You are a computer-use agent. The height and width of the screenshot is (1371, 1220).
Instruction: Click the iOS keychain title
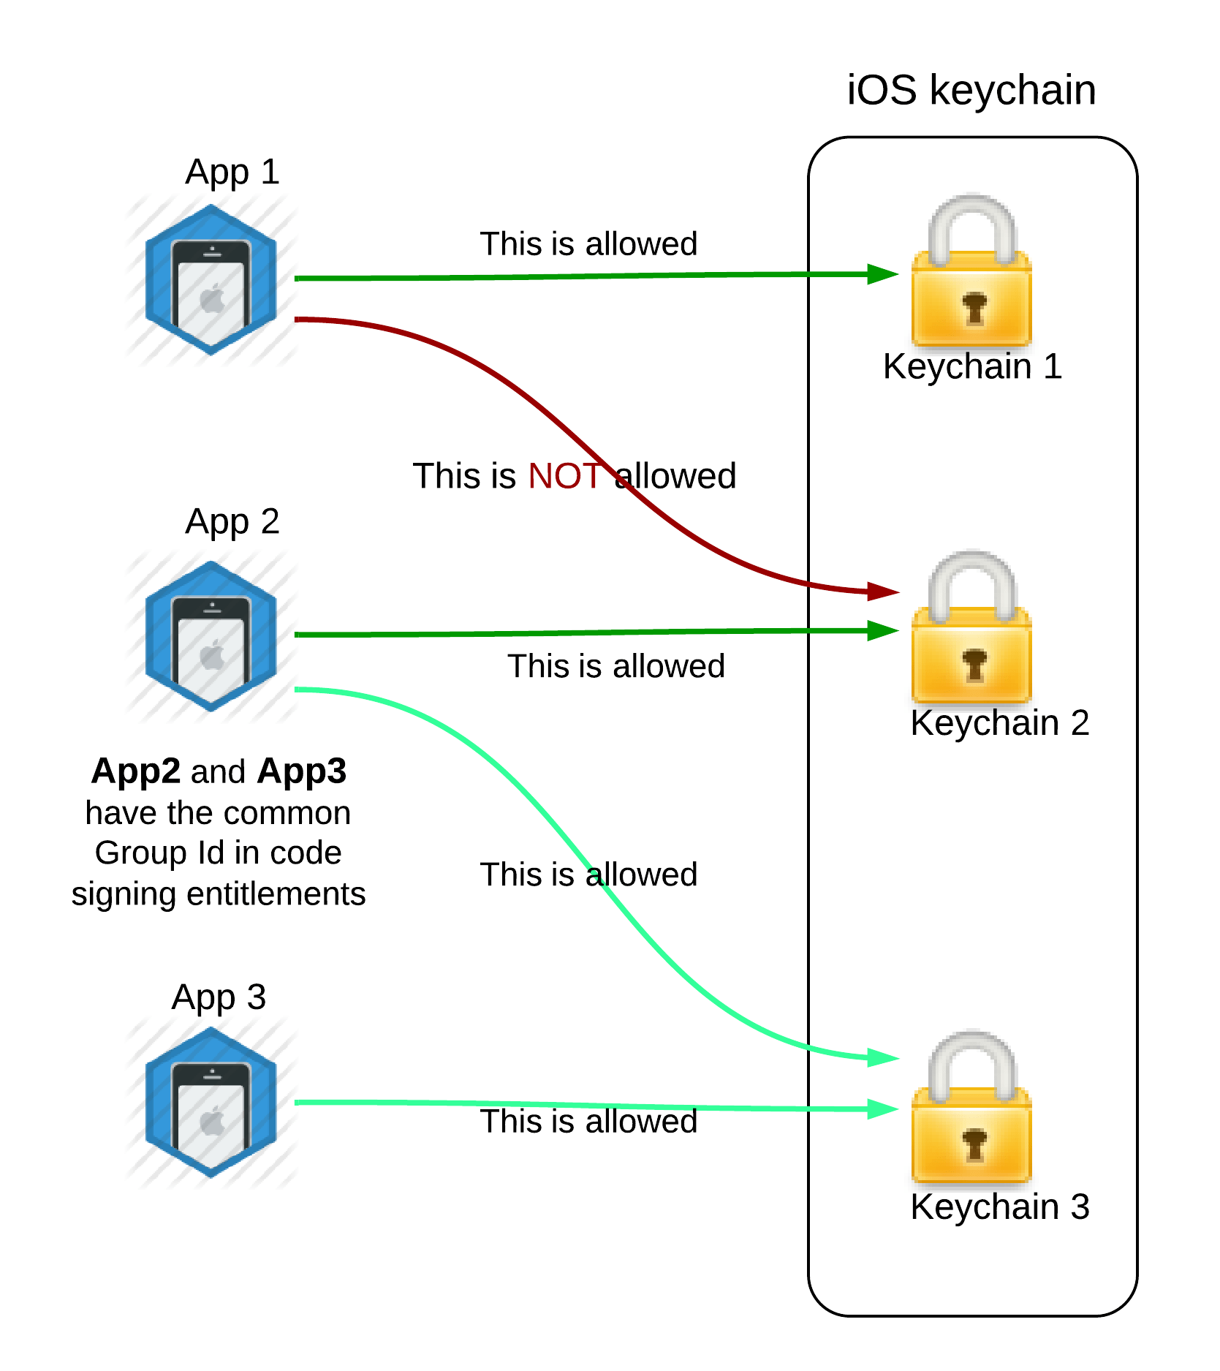tap(971, 90)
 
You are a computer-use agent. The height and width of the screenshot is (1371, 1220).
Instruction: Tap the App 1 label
tap(232, 173)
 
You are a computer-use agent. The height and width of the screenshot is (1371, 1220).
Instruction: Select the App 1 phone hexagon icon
tap(211, 280)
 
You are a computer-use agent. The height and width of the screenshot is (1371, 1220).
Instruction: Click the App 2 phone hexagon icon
tap(211, 636)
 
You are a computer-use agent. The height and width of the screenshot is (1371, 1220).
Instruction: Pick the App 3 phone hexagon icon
tap(211, 1102)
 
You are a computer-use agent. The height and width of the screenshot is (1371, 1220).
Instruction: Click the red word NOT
tap(564, 476)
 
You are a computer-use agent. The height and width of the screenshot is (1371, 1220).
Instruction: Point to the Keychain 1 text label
tap(971, 366)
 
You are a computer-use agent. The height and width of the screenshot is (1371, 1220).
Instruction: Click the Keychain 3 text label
tap(999, 1206)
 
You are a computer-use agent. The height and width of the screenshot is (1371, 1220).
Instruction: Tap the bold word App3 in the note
tap(301, 771)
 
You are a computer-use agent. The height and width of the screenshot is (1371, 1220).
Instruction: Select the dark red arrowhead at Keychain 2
tap(883, 591)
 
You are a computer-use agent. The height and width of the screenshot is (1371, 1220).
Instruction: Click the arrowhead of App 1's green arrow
tap(882, 274)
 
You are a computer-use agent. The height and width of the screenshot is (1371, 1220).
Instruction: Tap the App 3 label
tap(219, 997)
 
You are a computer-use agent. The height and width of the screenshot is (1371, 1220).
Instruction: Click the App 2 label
tap(232, 522)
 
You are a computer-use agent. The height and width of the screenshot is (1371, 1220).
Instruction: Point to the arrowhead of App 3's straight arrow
tap(882, 1108)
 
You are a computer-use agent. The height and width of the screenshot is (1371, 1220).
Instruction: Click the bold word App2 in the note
tap(135, 771)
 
